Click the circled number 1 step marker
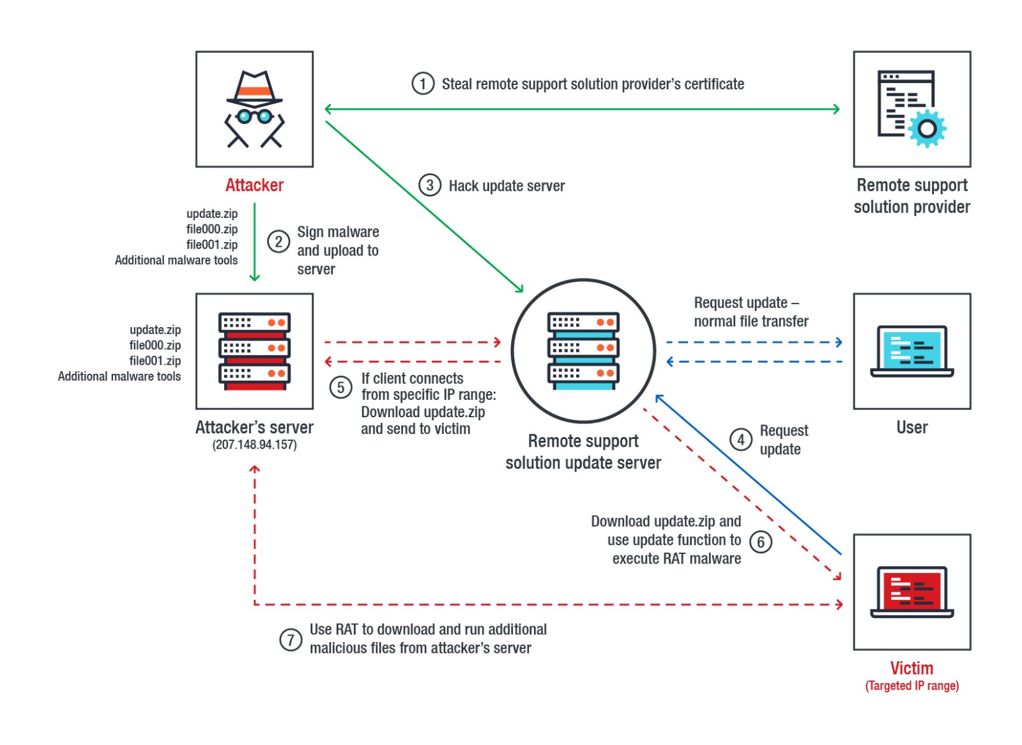click(422, 84)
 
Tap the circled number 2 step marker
click(278, 242)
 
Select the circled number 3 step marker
click(430, 185)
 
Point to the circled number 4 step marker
click(741, 440)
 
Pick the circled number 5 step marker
click(340, 387)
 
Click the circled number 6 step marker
click(760, 542)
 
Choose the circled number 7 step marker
click(291, 640)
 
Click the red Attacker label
click(254, 185)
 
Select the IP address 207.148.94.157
click(254, 445)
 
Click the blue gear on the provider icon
click(927, 128)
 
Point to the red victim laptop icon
click(911, 592)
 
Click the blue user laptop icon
click(911, 351)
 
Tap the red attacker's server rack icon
click(254, 351)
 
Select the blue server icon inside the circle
click(583, 351)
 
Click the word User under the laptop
click(911, 427)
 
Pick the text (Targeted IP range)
click(911, 686)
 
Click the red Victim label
click(911, 668)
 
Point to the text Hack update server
click(507, 186)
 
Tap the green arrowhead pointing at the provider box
click(836, 109)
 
